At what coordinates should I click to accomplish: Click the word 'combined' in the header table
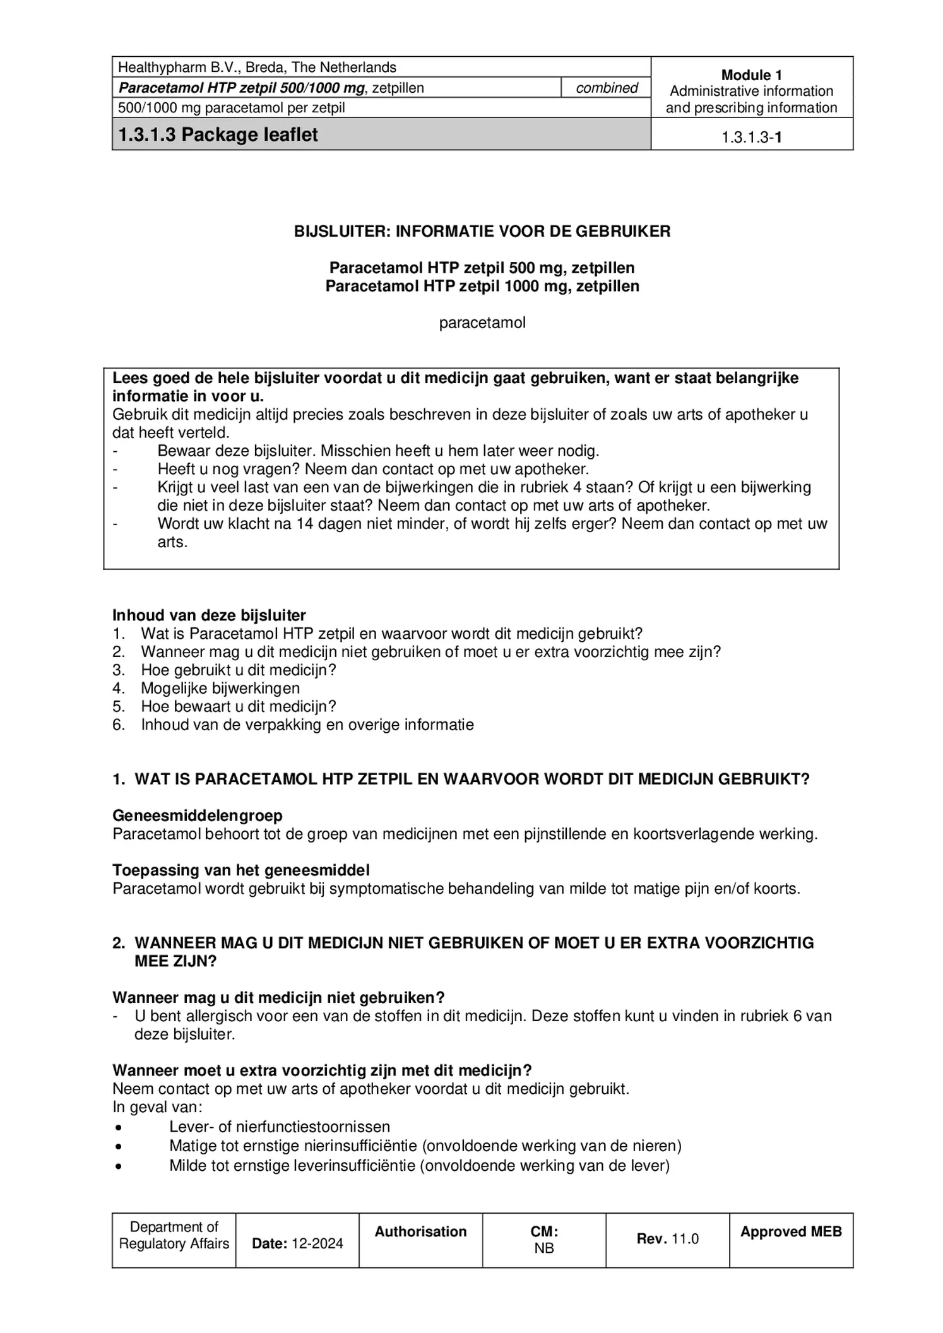[607, 88]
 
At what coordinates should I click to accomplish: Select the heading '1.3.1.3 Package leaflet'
[218, 134]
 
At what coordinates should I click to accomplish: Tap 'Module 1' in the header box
[751, 74]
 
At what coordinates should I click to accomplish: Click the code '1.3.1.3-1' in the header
[751, 137]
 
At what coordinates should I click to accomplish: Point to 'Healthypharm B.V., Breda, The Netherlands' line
[257, 68]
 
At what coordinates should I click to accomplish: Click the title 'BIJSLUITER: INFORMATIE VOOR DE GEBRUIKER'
[482, 231]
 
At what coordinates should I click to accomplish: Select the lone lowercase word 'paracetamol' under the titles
[482, 323]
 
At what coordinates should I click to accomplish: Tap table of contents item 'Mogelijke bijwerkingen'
[220, 688]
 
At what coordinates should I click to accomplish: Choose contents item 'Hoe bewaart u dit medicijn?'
[239, 706]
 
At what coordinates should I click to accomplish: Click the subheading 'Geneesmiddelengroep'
[198, 815]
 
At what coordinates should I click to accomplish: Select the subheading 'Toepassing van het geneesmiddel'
[241, 870]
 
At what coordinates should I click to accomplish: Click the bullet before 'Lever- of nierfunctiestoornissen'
[119, 1127]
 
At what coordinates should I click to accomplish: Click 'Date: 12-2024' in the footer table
[297, 1243]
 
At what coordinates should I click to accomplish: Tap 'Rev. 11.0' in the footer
[667, 1238]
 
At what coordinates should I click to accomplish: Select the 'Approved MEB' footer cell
[791, 1231]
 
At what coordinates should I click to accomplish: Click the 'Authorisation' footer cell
[420, 1231]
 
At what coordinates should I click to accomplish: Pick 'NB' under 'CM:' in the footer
[544, 1248]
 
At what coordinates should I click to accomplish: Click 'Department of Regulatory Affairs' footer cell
[174, 1235]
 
